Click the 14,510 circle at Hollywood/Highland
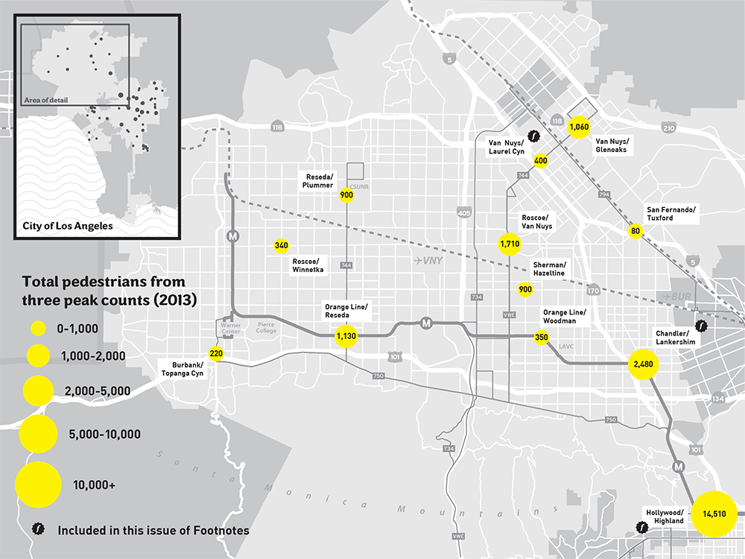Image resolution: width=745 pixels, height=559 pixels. coord(714,514)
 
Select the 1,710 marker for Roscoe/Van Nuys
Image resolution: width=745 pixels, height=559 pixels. coord(510,244)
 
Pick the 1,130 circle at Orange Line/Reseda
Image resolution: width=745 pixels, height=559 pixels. coord(346,337)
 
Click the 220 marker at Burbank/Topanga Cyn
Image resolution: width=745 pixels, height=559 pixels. coord(216,353)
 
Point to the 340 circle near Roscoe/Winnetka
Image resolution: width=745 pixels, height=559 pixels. coord(281,245)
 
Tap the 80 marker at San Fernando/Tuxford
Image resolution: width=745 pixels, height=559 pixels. coord(635,231)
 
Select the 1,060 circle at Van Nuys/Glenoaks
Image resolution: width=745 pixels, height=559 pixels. coord(580,127)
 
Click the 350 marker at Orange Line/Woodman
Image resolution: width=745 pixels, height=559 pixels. coord(542,338)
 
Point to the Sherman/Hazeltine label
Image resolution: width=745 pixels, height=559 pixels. coord(550,269)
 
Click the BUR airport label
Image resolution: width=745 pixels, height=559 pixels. coord(672,296)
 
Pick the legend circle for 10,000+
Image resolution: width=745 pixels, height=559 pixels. coord(38,484)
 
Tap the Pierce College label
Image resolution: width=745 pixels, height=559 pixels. coord(266,329)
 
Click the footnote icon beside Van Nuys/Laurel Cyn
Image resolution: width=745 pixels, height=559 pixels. coord(533,136)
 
